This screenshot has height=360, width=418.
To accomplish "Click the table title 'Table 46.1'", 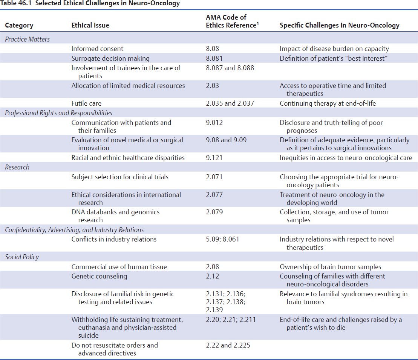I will tap(17, 4).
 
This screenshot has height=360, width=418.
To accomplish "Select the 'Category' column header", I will tap(19, 26).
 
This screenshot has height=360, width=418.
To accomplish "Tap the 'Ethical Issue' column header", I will tap(90, 26).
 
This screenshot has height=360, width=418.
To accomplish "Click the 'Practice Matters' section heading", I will tap(27, 39).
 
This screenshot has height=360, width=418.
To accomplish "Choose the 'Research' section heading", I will tap(17, 167).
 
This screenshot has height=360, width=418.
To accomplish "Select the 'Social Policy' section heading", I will tap(22, 257).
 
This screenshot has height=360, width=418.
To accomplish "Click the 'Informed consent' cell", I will tap(97, 49).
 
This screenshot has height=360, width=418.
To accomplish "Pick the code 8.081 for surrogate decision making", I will tap(214, 58).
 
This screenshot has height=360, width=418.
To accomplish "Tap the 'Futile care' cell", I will tap(86, 103).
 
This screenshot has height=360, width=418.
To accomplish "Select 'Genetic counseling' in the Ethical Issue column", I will tap(99, 276).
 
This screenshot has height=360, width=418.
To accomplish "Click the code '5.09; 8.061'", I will tap(222, 239).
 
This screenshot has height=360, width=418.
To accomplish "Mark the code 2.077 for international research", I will tap(214, 195).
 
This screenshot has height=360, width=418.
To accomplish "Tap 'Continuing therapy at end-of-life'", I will tap(328, 103).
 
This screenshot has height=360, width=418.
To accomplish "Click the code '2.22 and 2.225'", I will tap(228, 345).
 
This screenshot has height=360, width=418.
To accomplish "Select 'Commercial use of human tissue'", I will tap(119, 267).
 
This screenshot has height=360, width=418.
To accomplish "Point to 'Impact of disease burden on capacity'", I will tap(334, 49).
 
